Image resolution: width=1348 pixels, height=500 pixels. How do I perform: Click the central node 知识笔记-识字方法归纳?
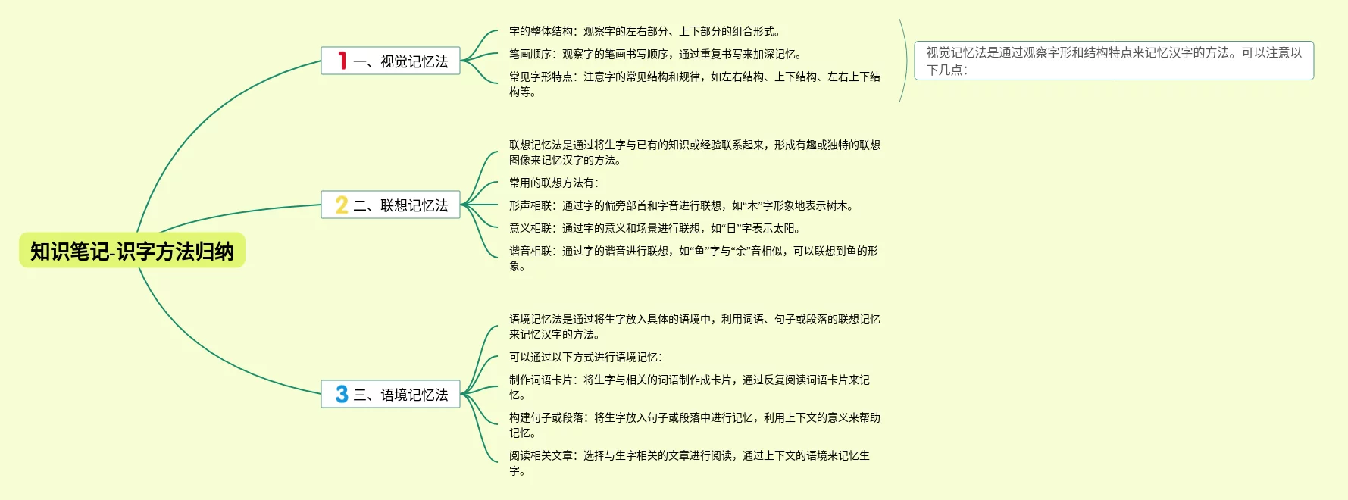coord(132,251)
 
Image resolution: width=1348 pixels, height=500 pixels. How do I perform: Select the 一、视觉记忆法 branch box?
coord(390,61)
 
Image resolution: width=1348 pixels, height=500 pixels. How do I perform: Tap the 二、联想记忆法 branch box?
coord(390,205)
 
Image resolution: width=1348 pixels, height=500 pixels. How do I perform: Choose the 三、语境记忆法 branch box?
coord(390,394)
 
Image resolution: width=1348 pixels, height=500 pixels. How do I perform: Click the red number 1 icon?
coord(342,61)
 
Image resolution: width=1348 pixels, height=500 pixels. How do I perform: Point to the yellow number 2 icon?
coord(342,205)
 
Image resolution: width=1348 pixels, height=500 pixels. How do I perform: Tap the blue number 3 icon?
coord(342,394)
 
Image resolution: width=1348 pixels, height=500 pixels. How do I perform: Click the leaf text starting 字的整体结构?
coord(645,31)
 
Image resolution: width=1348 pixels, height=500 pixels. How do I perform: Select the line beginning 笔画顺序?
coord(655,54)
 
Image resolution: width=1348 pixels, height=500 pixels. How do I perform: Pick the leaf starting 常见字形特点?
coord(694,84)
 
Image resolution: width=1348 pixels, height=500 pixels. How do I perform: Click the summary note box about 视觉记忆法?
coord(1114,61)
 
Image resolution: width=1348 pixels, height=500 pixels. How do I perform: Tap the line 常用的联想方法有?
coord(554,183)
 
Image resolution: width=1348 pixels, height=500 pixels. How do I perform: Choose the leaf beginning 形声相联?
coord(682,205)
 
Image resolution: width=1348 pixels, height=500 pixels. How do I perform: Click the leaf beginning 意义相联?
coord(655,228)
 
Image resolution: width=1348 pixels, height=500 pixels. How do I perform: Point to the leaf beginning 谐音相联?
coord(693,258)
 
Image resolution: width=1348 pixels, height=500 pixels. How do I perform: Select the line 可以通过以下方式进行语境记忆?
coord(586,357)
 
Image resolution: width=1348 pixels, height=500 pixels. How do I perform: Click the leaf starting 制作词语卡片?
coord(689,387)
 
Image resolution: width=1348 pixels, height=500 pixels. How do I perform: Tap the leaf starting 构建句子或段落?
coord(694,425)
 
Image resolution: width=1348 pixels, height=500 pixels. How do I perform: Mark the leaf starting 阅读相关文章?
coord(689,463)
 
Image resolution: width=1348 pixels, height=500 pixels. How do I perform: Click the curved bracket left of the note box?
coord(905,61)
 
